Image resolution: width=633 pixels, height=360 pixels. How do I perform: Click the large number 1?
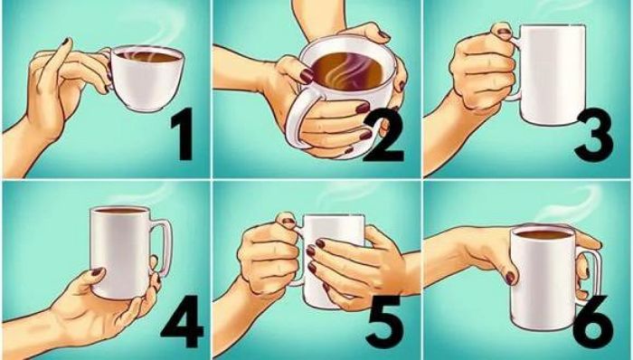(183, 137)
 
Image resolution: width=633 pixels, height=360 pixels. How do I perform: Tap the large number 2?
(383, 137)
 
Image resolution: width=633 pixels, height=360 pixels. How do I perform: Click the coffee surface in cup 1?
(147, 56)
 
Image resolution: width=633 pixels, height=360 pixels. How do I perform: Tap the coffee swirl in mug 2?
(348, 71)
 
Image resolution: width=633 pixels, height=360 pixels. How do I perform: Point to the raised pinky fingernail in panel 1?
(66, 41)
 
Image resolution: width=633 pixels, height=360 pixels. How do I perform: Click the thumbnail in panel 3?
(504, 33)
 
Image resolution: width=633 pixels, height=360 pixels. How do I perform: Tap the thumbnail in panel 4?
(98, 271)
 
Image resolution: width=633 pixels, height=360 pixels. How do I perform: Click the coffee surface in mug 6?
(543, 234)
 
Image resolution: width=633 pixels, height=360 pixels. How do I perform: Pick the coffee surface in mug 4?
(120, 210)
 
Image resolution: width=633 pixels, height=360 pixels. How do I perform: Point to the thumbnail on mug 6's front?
(510, 278)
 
